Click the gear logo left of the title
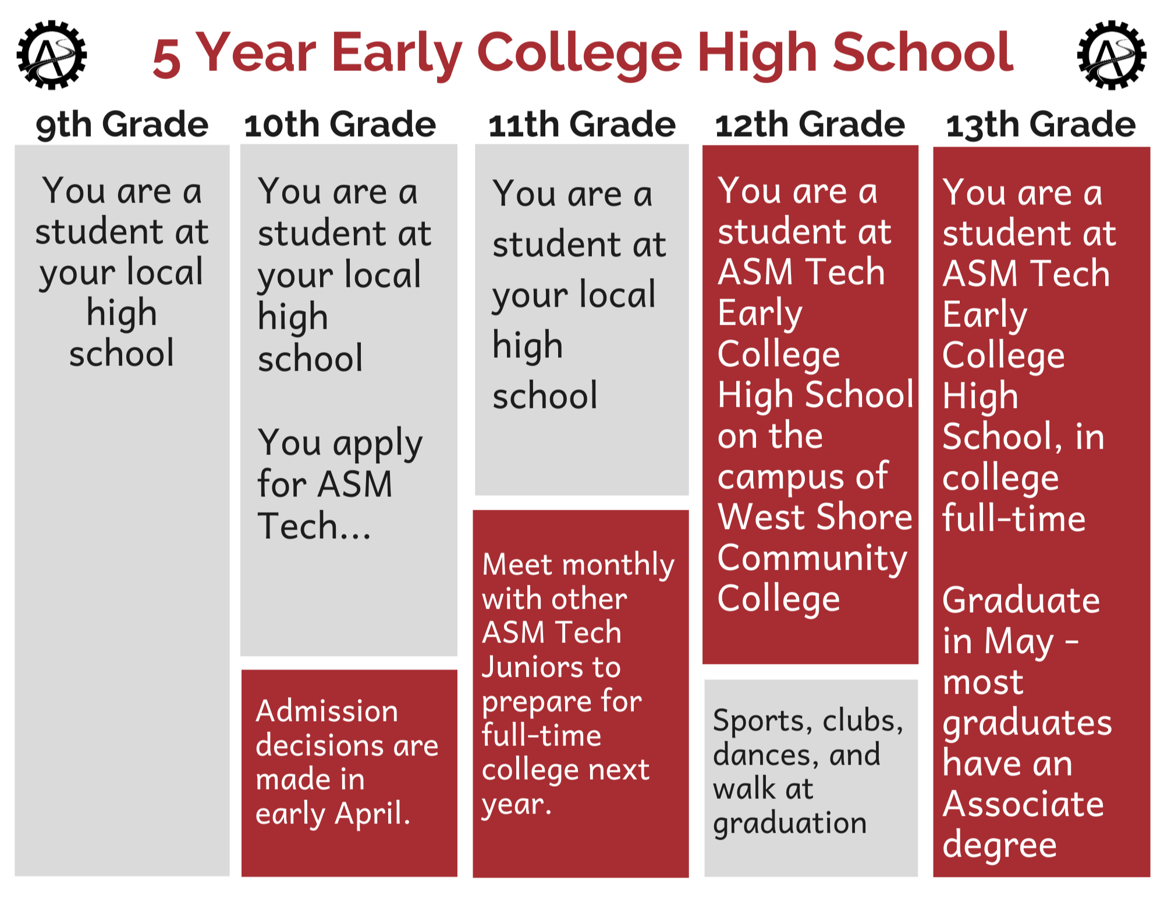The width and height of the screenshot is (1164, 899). click(x=51, y=55)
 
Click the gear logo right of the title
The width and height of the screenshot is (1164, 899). click(x=1112, y=55)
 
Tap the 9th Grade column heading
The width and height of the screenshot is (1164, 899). click(x=122, y=125)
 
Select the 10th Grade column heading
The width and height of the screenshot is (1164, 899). click(x=340, y=125)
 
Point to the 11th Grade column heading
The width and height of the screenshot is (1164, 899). click(x=582, y=125)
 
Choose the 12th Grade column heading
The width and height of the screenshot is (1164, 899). click(x=810, y=125)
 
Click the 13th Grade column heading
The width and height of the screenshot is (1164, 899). click(x=1041, y=125)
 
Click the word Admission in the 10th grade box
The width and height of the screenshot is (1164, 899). click(x=327, y=711)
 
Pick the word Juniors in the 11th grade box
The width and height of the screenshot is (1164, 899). click(x=551, y=667)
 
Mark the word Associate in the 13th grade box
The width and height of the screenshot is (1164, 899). click(x=1023, y=804)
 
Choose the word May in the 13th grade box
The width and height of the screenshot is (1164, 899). click(x=1019, y=642)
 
